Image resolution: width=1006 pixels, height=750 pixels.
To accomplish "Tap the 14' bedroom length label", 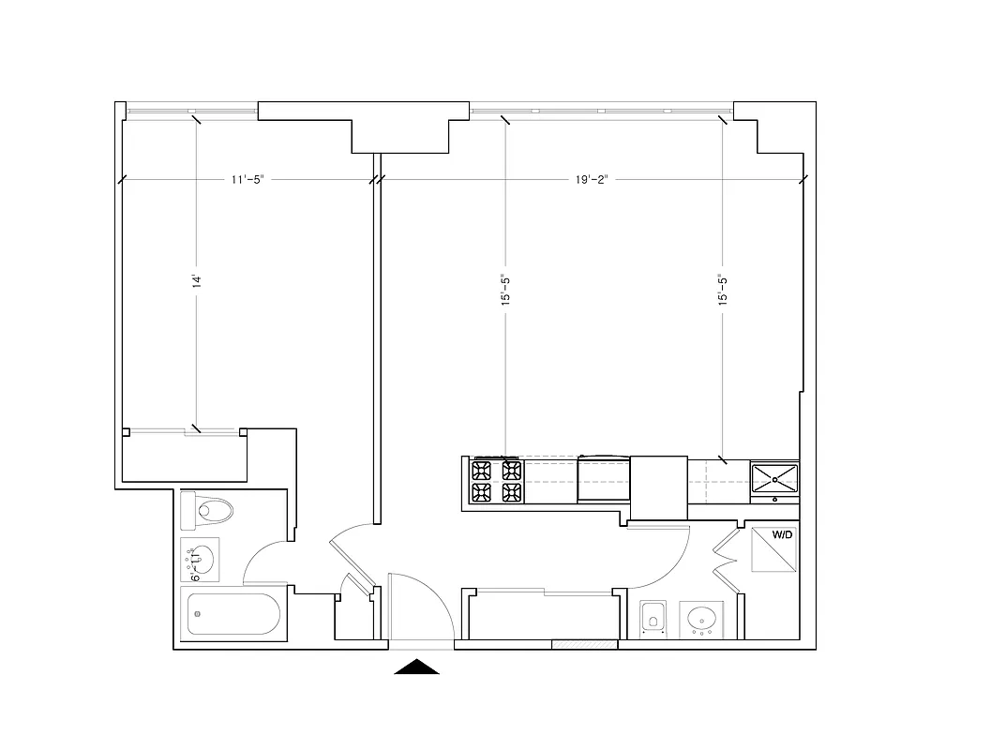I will click(x=197, y=281).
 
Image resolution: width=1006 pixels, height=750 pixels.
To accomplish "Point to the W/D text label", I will click(x=783, y=535).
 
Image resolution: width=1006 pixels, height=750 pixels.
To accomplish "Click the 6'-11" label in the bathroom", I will click(x=195, y=565).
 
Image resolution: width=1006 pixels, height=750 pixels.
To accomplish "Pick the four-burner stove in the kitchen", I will click(x=497, y=481).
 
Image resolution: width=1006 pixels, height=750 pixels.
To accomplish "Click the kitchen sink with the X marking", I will click(x=774, y=478).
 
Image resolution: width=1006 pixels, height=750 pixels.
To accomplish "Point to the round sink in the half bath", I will click(x=702, y=620).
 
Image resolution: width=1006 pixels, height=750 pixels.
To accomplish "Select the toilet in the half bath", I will click(x=653, y=619).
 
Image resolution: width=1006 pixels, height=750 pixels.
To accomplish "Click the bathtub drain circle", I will click(x=197, y=615).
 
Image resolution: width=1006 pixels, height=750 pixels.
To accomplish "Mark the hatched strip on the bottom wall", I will click(x=584, y=644).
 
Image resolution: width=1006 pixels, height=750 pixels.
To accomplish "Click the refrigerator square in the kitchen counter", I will click(x=658, y=487).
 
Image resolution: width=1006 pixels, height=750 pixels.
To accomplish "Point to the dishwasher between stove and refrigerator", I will click(x=604, y=479).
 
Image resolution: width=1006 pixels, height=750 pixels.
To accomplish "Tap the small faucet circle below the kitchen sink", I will click(x=774, y=500).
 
